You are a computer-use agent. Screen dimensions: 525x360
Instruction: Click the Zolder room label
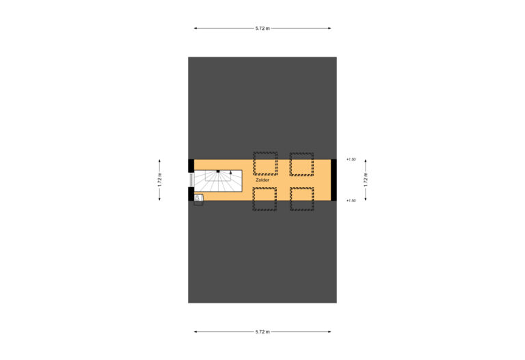[x=262, y=180]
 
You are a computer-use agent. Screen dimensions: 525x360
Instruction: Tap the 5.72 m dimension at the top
[x=262, y=29]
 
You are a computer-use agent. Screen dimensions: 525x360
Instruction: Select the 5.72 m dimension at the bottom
[x=262, y=332]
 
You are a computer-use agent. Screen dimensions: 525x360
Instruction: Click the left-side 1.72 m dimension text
[x=160, y=180]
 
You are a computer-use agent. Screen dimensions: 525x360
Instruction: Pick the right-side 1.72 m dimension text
[x=366, y=180]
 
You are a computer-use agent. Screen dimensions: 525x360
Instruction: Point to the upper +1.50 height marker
[x=351, y=160]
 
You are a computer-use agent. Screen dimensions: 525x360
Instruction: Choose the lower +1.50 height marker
[x=351, y=201]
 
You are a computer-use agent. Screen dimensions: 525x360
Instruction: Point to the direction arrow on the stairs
[x=230, y=173]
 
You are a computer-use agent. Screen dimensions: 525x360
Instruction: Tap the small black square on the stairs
[x=218, y=171]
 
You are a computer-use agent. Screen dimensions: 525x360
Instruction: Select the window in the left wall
[x=191, y=180]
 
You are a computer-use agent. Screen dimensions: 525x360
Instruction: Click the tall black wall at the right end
[x=334, y=180]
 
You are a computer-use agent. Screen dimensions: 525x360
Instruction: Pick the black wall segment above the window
[x=191, y=166]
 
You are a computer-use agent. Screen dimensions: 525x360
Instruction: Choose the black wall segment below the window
[x=191, y=194]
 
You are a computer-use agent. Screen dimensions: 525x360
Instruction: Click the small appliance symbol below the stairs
[x=198, y=199]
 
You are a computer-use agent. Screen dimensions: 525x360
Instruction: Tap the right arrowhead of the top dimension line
[x=329, y=29]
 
